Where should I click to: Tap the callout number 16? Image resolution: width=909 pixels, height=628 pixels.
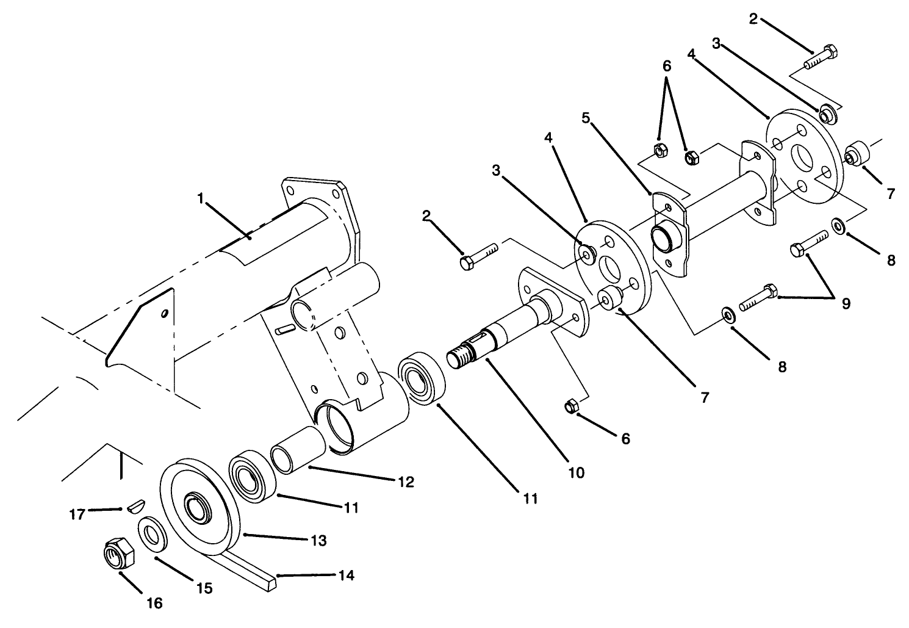155,603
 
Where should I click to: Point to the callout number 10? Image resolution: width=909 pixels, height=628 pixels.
576,472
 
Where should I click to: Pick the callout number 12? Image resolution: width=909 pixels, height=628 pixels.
405,482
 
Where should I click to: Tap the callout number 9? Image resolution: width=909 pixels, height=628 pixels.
846,303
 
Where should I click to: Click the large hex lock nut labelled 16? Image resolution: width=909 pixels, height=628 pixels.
118,554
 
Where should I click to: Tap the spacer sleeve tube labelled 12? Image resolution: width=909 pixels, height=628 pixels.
297,452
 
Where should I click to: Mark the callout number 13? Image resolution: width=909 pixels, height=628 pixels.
318,540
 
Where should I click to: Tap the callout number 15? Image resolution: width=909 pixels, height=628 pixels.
204,588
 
